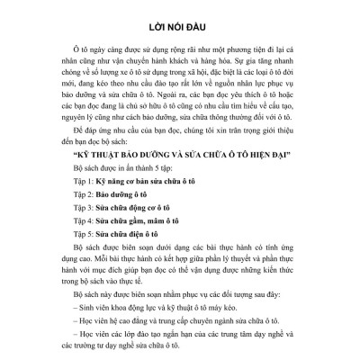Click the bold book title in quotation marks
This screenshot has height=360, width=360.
184,166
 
